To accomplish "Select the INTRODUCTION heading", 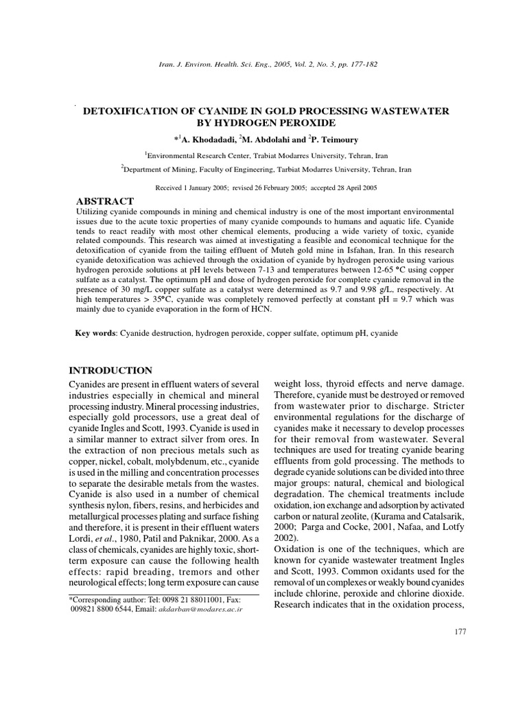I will tap(111, 370).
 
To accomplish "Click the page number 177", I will tap(460, 630).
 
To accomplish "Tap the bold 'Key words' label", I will tap(95, 333).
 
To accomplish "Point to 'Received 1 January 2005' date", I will tap(196, 187).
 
